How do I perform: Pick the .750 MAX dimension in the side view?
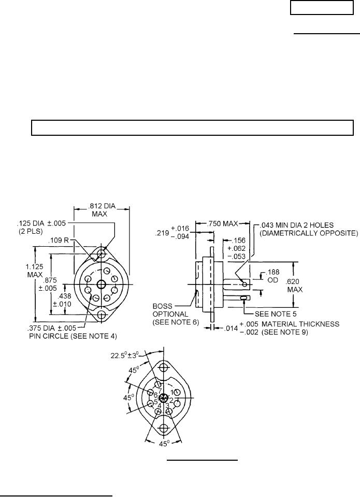click(x=222, y=223)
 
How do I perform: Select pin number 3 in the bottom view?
click(x=167, y=405)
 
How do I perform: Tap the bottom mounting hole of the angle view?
click(x=164, y=429)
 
